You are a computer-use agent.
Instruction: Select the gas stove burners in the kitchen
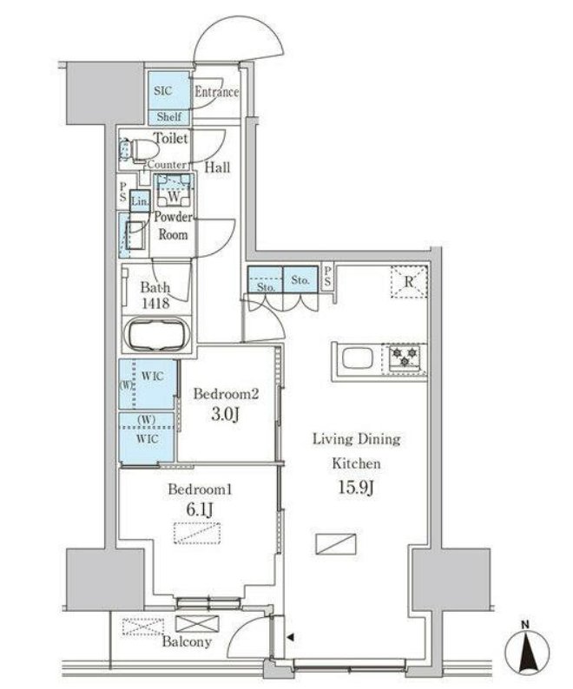pyautogui.click(x=405, y=357)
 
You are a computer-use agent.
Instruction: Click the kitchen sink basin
pyautogui.click(x=357, y=358)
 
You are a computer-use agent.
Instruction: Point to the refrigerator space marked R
pyautogui.click(x=409, y=282)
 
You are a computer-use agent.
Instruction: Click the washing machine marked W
pyautogui.click(x=174, y=194)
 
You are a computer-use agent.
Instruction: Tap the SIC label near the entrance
pyautogui.click(x=162, y=91)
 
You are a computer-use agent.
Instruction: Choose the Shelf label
pyautogui.click(x=169, y=117)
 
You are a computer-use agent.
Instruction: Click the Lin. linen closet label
pyautogui.click(x=140, y=201)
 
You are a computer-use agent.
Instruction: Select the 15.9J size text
pyautogui.click(x=356, y=488)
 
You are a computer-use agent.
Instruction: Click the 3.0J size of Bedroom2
pyautogui.click(x=225, y=414)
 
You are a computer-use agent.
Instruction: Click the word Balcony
pyautogui.click(x=187, y=642)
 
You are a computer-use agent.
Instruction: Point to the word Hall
pyautogui.click(x=217, y=167)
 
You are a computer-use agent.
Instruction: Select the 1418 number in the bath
pyautogui.click(x=155, y=303)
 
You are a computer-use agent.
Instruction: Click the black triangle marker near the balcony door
pyautogui.click(x=290, y=637)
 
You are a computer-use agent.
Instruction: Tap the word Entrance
pyautogui.click(x=217, y=92)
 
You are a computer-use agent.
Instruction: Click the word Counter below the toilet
pyautogui.click(x=167, y=165)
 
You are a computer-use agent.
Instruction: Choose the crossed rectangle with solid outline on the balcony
pyautogui.click(x=196, y=624)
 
